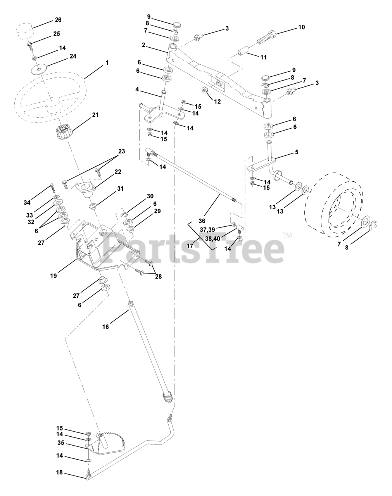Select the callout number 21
point(95,115)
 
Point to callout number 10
point(301,27)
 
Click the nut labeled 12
point(205,90)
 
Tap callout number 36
point(202,220)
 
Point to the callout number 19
point(54,276)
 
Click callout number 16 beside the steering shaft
point(106,326)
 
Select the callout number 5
point(297,152)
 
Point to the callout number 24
point(73,56)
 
